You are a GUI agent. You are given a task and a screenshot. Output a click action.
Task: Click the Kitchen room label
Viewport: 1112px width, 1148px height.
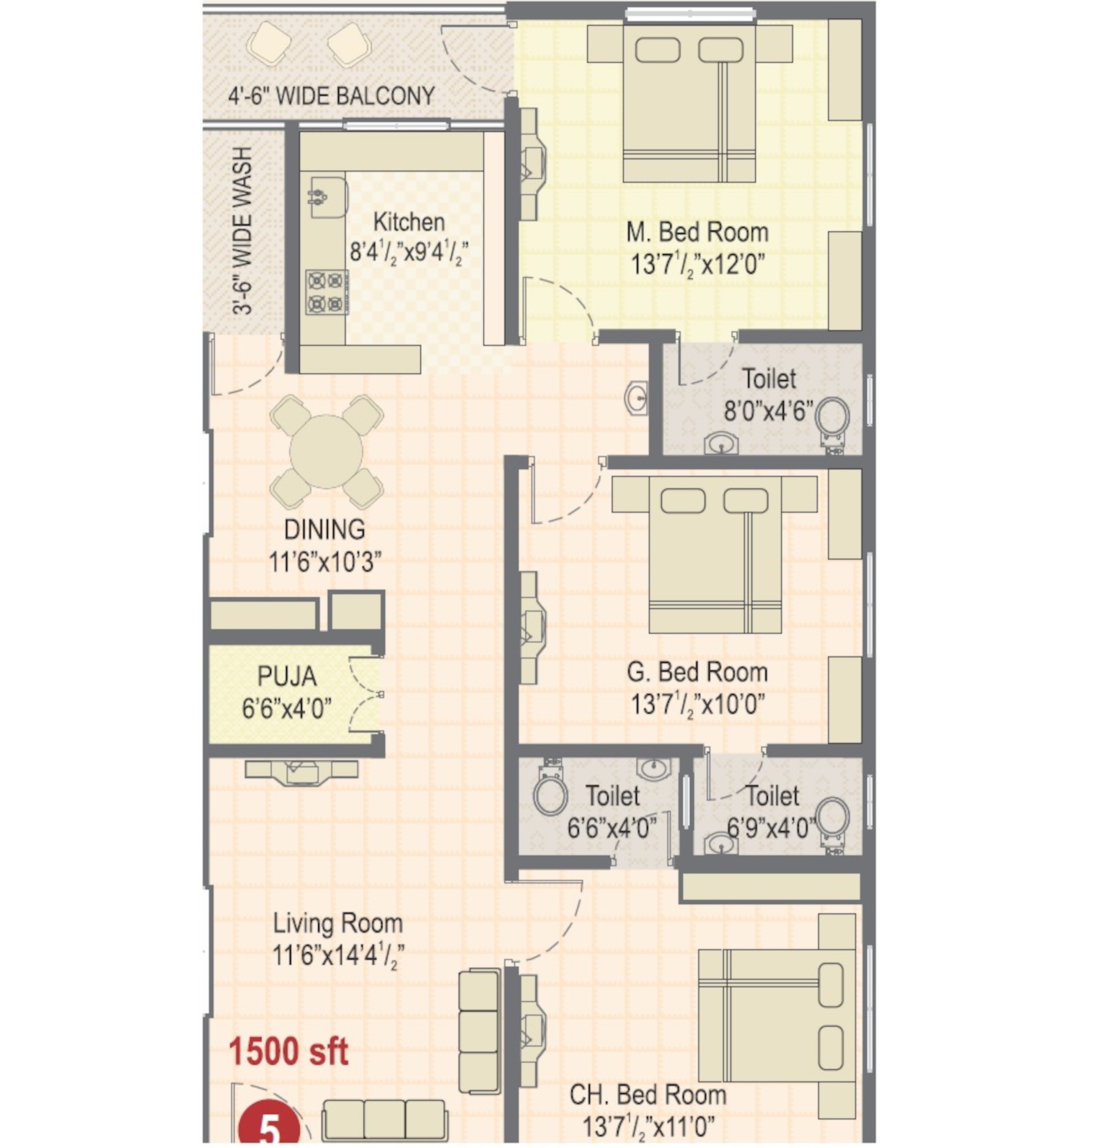[x=409, y=222]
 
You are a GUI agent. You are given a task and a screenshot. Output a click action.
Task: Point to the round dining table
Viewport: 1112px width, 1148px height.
[x=326, y=452]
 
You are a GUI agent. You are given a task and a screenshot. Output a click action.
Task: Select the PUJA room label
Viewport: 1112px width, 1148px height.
[x=287, y=677]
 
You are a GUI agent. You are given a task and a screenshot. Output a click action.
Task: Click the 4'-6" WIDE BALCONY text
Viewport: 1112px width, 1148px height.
[x=331, y=95]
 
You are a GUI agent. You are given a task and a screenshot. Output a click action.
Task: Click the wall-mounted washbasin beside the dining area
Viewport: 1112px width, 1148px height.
[x=637, y=398]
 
